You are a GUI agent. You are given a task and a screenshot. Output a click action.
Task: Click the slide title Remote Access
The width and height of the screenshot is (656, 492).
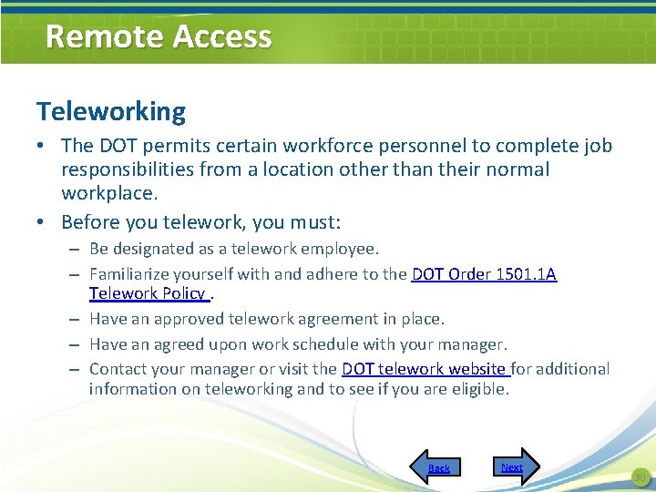click(159, 36)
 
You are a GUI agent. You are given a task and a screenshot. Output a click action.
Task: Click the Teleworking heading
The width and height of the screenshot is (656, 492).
click(111, 112)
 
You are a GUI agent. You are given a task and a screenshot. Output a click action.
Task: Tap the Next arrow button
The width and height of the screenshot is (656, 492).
click(516, 466)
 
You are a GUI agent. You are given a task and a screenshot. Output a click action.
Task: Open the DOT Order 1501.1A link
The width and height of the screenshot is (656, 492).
click(484, 273)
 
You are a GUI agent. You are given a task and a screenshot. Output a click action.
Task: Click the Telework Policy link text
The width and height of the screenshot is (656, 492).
click(147, 293)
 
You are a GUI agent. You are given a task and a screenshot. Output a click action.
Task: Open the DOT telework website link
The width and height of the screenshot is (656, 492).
click(425, 369)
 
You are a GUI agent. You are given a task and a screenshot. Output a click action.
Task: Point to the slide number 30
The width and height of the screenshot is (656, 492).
click(639, 477)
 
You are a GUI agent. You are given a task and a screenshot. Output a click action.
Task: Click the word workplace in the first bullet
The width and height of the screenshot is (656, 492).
click(108, 193)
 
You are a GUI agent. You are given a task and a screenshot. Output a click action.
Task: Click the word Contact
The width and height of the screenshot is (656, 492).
click(118, 369)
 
